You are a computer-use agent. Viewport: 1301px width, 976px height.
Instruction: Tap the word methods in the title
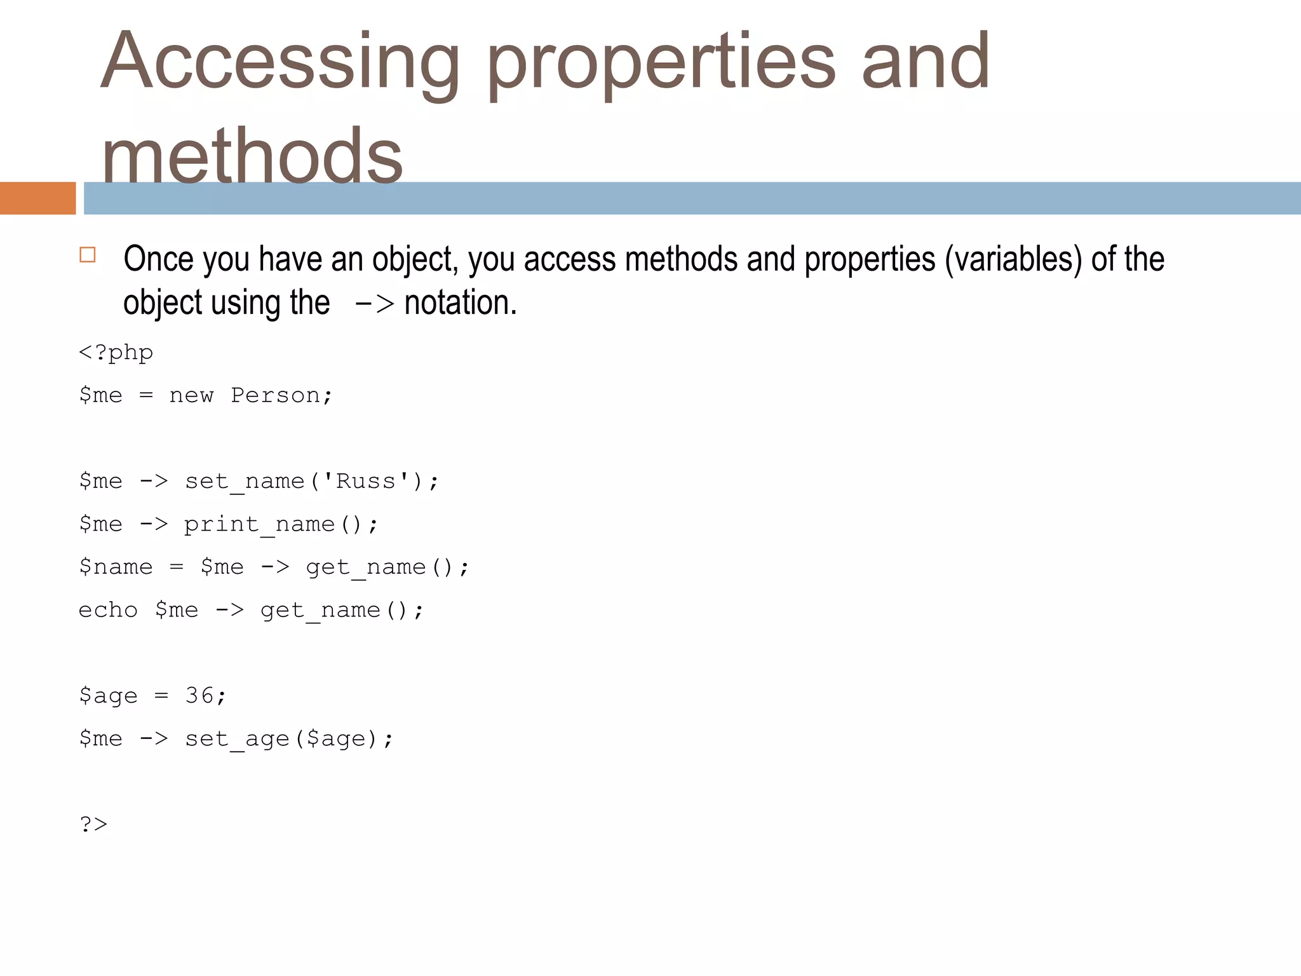[x=252, y=155]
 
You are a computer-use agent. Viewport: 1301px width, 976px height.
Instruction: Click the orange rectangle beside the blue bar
[x=37, y=198]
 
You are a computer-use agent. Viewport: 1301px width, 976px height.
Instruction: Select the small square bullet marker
[x=88, y=255]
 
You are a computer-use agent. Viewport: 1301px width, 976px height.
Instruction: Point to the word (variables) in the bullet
[x=1013, y=259]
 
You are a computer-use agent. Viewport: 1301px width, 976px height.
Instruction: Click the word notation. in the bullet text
[x=461, y=302]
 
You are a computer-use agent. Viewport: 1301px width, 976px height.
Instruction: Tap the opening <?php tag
[x=116, y=353]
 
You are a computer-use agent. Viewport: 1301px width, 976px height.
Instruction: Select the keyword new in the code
[x=191, y=395]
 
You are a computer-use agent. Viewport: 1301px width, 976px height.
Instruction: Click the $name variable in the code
[x=116, y=567]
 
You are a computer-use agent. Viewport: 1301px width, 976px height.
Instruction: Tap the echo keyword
[x=108, y=610]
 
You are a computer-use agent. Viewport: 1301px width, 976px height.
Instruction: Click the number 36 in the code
[x=199, y=695]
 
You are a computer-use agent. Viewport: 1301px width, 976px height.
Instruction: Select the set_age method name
[x=236, y=738]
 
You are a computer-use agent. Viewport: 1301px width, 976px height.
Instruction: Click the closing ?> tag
[x=93, y=824]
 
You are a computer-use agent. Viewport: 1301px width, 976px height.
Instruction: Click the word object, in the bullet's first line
[x=415, y=259]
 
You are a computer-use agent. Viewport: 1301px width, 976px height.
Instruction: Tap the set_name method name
[x=245, y=481]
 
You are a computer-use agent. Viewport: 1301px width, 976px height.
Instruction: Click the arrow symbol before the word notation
[x=375, y=303]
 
